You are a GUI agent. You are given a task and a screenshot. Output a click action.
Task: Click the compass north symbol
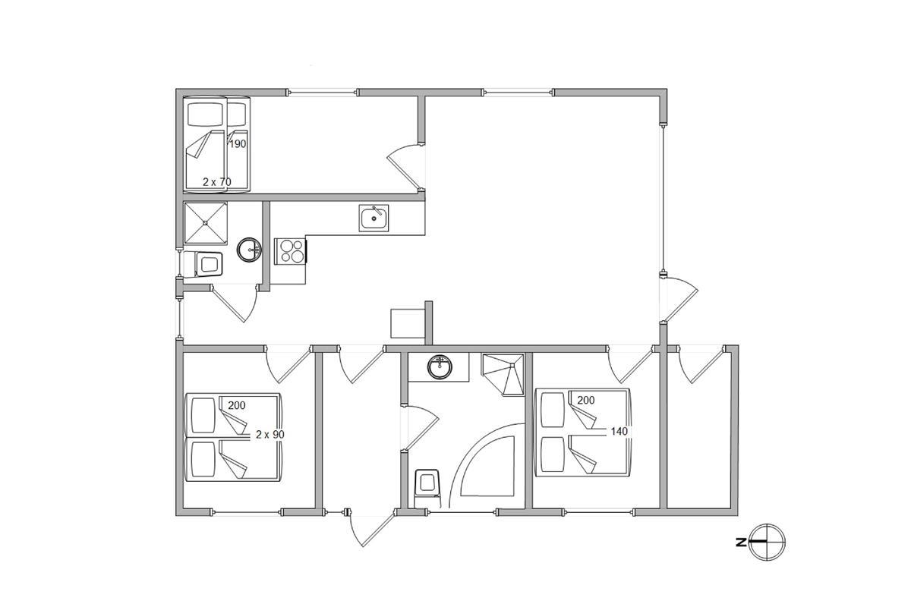(767, 542)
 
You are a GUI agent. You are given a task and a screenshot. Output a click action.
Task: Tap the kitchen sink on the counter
(374, 218)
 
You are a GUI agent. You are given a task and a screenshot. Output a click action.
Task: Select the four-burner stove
(290, 251)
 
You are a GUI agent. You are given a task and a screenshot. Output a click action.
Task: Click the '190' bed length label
(238, 144)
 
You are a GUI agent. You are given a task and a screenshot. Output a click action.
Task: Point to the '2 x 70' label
(217, 182)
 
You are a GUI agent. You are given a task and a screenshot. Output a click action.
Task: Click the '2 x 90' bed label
(270, 435)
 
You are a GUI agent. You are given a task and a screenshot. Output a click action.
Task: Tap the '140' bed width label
(619, 432)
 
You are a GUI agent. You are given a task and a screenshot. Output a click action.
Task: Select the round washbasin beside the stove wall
(249, 250)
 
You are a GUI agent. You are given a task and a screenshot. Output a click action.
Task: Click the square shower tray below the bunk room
(206, 223)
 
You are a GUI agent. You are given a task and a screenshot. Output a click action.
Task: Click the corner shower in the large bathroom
(503, 375)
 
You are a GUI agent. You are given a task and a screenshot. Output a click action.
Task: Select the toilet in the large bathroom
(427, 489)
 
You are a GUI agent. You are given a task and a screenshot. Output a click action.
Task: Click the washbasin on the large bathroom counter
(440, 367)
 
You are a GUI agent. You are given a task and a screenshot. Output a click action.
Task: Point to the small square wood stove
(408, 323)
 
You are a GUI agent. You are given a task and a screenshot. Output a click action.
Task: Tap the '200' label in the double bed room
(585, 401)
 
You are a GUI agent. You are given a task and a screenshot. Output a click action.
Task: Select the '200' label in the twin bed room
(236, 405)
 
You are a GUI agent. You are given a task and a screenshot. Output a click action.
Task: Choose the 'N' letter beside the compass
(741, 542)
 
